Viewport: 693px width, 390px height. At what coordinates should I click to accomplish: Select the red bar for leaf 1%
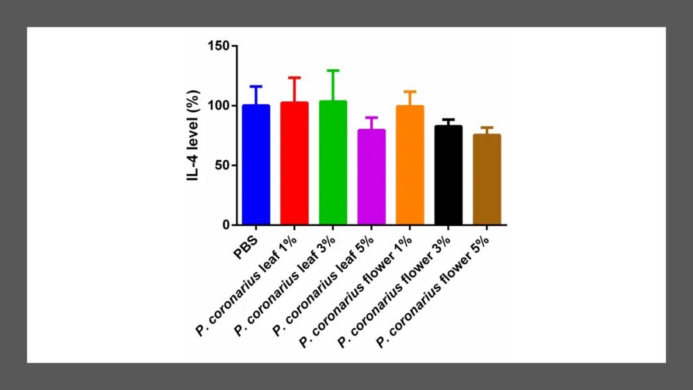pos(295,164)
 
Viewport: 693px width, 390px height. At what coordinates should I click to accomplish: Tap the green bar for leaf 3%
pos(333,163)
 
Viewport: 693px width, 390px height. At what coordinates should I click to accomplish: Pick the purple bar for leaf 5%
pos(372,177)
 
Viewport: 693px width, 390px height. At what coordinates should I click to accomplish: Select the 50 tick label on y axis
pos(223,165)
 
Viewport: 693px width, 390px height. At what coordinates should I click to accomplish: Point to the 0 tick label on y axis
pos(226,225)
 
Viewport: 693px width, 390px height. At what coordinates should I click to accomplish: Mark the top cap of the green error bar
pos(333,71)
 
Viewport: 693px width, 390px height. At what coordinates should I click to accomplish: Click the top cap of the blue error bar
pos(256,86)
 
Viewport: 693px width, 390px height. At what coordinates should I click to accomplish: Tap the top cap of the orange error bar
pos(410,91)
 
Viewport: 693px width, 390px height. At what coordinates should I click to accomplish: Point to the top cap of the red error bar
pos(295,78)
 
